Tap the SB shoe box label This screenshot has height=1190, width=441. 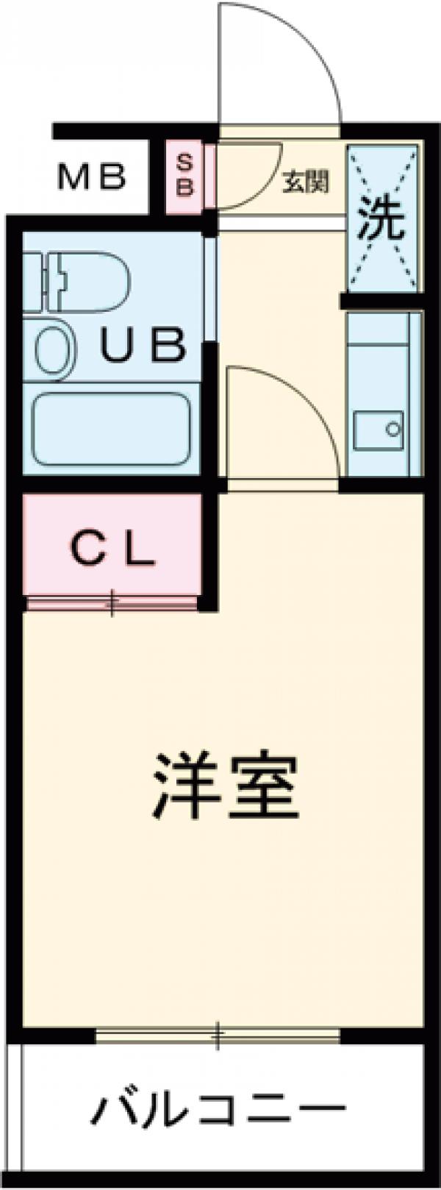(187, 175)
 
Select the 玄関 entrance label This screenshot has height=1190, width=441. (305, 181)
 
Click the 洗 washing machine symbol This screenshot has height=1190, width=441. (382, 219)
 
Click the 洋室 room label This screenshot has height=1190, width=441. (224, 786)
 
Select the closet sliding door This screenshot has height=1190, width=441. (112, 604)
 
